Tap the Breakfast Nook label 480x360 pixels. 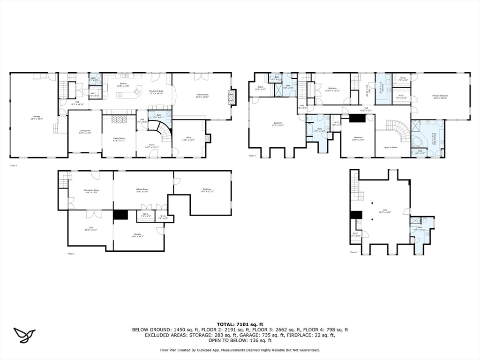(156, 91)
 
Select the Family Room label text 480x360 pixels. (202, 95)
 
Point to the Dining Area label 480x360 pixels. (85, 132)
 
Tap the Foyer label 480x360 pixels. (152, 146)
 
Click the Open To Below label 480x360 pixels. (390, 147)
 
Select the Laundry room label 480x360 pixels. (382, 88)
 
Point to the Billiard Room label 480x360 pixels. (142, 190)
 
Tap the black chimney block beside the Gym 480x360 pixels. (120, 215)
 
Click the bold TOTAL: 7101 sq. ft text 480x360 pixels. (240, 324)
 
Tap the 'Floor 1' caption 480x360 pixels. (71, 254)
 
